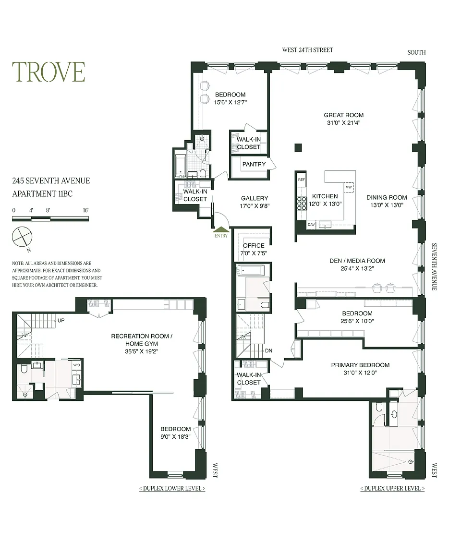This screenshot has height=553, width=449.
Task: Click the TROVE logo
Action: click(x=49, y=72)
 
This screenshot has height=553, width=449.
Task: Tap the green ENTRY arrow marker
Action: click(x=221, y=229)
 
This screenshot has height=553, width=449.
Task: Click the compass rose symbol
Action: click(x=22, y=237)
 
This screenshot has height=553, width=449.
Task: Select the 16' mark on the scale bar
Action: click(x=85, y=210)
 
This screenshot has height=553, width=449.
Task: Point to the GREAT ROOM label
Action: click(x=343, y=115)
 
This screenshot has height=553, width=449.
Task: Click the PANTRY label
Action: click(x=254, y=164)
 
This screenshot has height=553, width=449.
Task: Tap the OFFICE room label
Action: click(x=254, y=245)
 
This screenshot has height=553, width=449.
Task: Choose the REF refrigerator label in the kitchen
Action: click(x=302, y=180)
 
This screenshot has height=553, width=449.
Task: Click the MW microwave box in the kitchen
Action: click(x=349, y=187)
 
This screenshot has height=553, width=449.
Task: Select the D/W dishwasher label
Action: click(x=311, y=225)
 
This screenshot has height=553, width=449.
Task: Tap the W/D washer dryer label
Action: click(x=76, y=365)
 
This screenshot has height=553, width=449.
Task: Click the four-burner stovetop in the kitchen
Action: click(x=302, y=204)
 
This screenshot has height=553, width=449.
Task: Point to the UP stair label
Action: click(x=61, y=321)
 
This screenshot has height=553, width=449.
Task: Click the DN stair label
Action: click(x=268, y=350)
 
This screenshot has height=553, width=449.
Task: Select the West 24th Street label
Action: click(x=307, y=50)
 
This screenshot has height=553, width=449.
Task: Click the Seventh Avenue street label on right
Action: click(x=434, y=266)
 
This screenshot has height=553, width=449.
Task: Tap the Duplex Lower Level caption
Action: click(x=172, y=489)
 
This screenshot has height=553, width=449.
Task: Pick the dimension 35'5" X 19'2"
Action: click(x=142, y=351)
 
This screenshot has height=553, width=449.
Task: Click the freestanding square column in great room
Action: click(x=298, y=147)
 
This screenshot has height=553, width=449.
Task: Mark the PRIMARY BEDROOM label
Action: click(x=360, y=365)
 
